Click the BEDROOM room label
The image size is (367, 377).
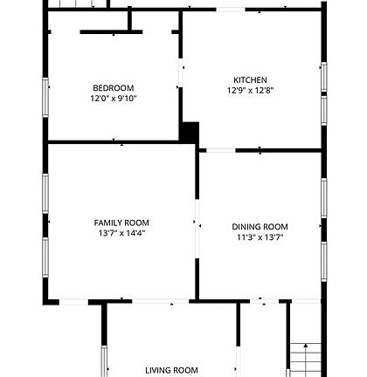114,87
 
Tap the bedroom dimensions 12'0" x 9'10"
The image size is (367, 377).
114,99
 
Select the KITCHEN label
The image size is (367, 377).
250,80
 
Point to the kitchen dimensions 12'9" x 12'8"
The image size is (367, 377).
250,91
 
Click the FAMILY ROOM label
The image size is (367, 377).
121,223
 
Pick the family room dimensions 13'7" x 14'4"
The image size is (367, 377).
121,234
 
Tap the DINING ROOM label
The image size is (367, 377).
260,226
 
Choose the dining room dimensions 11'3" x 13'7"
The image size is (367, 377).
260,236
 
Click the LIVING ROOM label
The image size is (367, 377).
171,370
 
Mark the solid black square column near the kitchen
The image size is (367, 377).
189,132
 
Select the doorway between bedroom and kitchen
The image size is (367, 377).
182,73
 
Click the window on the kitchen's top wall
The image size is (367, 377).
230,10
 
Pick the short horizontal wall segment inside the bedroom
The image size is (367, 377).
111,33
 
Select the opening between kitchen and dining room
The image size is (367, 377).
220,151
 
